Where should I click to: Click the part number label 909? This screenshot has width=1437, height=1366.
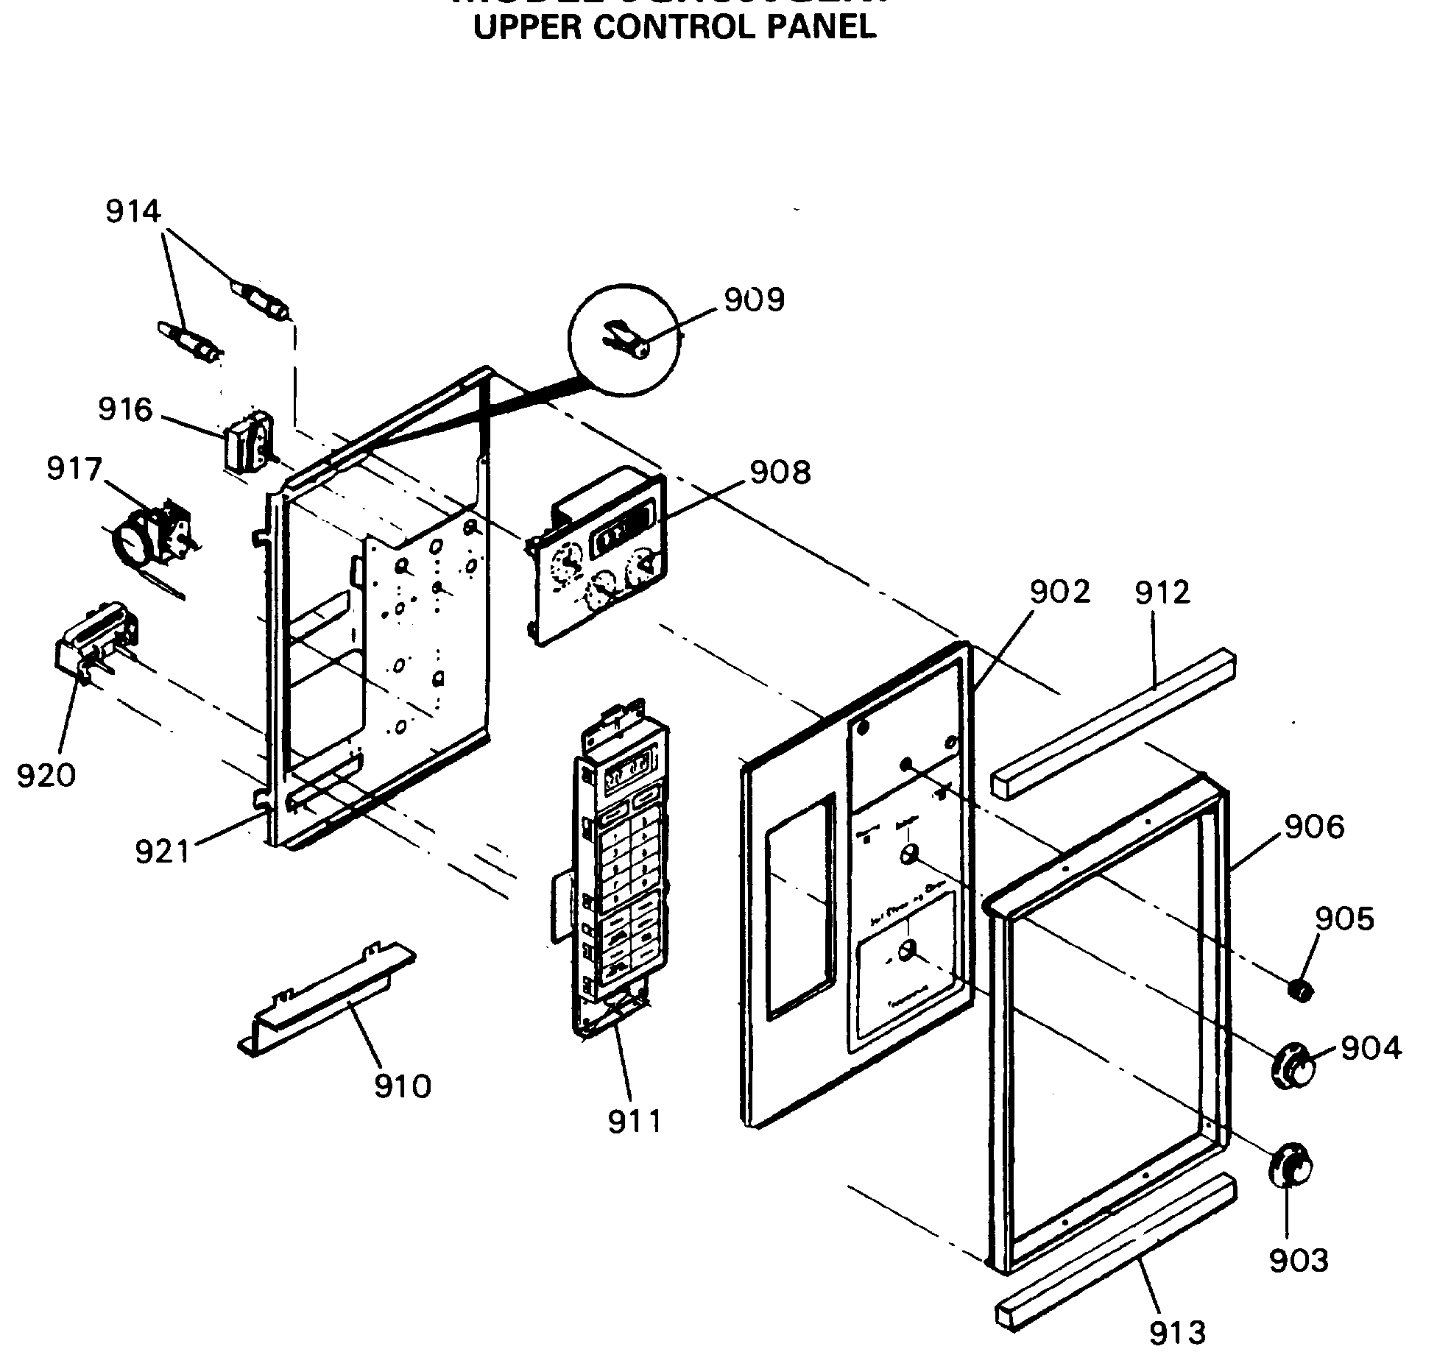click(x=755, y=300)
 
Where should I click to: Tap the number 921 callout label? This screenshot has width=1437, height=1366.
click(x=163, y=852)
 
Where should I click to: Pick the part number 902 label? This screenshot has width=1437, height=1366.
click(x=1059, y=592)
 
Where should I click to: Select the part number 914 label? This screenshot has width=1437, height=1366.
click(x=133, y=212)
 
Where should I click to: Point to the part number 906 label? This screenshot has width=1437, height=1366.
click(x=1314, y=827)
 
